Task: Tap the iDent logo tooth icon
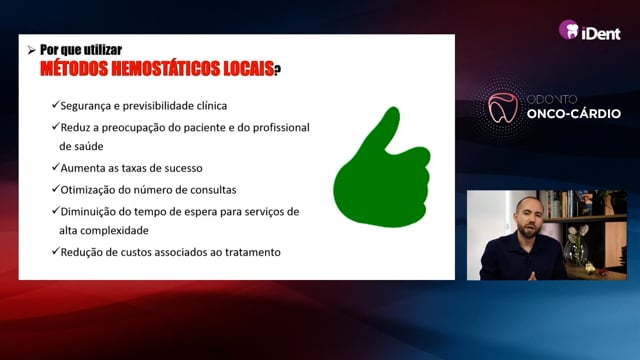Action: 569,29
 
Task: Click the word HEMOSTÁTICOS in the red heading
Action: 165,69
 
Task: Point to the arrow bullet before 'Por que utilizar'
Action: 31,51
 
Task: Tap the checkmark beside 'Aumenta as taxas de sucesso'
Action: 56,167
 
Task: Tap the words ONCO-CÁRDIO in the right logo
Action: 573,113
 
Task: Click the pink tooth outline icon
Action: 503,108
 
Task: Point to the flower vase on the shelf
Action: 576,247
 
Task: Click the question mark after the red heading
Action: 277,70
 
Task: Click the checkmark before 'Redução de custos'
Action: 56,251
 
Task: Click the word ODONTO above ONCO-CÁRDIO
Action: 552,99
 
